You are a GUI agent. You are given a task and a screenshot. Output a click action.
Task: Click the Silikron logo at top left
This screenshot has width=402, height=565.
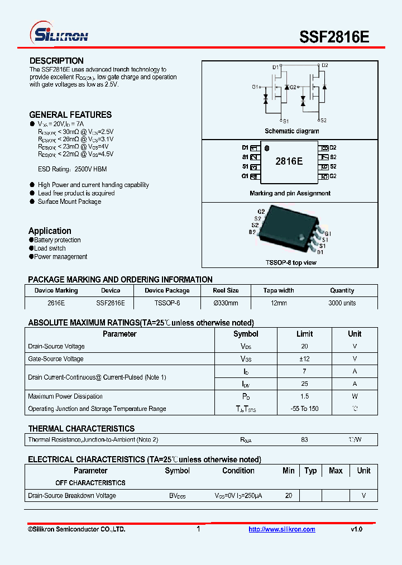coord(59,35)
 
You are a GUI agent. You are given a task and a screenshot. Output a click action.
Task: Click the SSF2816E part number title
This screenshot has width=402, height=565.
coord(334,37)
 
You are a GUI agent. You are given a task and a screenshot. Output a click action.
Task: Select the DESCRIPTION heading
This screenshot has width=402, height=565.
coord(56,61)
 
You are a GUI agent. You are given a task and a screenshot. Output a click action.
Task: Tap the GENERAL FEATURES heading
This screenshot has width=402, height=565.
coord(70,114)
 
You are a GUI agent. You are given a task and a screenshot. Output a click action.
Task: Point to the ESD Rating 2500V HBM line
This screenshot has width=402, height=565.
coord(72,169)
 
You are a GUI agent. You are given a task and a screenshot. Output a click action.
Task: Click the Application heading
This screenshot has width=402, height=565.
coord(50,231)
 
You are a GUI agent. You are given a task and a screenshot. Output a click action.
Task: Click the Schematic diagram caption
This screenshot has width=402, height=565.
coord(291,131)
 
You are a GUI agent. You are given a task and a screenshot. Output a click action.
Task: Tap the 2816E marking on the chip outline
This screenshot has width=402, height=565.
coord(289,161)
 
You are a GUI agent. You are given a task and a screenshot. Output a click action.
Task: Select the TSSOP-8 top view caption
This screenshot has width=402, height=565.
coord(290,262)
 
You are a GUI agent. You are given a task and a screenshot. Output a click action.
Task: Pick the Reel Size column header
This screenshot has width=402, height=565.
coord(226,290)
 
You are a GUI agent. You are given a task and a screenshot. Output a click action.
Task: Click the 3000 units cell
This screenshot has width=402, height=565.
coord(342,303)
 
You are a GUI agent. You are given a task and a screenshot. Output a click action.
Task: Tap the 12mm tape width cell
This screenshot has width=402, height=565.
coord(278,303)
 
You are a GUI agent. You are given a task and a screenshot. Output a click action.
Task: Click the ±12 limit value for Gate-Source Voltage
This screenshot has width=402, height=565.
coord(304,359)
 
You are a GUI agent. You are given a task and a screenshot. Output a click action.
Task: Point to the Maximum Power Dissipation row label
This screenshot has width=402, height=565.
coord(65,396)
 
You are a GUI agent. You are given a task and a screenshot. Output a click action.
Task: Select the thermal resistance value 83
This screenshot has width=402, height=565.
coord(304,440)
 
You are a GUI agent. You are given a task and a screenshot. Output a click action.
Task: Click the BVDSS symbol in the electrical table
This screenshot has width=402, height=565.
coord(178,496)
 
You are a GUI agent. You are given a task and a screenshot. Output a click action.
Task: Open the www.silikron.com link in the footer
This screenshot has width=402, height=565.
coord(281,529)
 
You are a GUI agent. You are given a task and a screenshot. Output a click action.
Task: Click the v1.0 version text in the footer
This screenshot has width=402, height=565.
coord(356,529)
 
